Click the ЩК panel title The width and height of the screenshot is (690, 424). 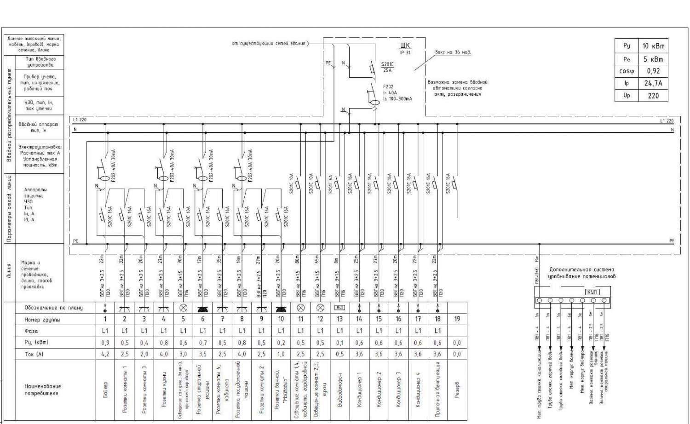pos(405,46)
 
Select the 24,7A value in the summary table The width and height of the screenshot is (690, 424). pos(653,83)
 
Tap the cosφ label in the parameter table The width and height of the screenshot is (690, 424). pos(626,71)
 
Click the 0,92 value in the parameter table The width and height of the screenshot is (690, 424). pos(653,71)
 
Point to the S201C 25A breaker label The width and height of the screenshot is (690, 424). pos(387,67)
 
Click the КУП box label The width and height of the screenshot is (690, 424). pos(592,292)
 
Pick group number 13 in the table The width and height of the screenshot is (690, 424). pos(339,319)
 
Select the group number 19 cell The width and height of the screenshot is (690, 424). pos(457,319)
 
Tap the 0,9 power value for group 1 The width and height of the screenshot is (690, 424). pos(105,343)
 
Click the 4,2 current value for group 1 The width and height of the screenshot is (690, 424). pos(105,354)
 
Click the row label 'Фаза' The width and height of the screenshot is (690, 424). pos(31,331)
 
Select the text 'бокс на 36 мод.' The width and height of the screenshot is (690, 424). pos(453,52)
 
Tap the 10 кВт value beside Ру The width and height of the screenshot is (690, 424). pos(653,46)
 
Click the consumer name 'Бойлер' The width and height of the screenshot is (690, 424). pos(105,390)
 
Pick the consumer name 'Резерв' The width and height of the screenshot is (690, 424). pos(457,390)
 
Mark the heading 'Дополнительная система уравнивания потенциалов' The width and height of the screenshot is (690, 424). pos(581,273)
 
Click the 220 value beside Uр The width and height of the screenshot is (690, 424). pos(653,96)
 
